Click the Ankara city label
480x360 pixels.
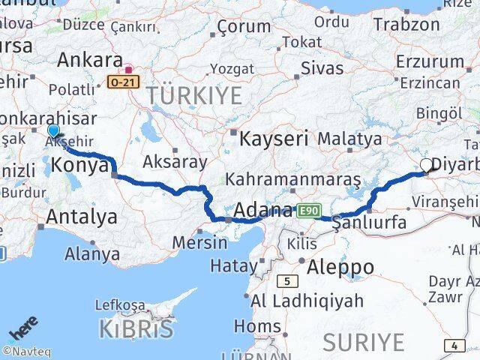[x=89, y=60]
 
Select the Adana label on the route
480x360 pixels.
[x=262, y=210]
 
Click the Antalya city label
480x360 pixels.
[x=82, y=217]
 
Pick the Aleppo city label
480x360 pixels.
[x=336, y=266]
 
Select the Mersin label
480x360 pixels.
[x=199, y=242]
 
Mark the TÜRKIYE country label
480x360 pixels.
[x=194, y=95]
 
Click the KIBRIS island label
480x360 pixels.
[x=136, y=328]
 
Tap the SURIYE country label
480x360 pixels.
[x=363, y=342]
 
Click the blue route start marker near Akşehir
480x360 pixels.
[x=53, y=132]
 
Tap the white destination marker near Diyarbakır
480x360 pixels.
[x=427, y=165]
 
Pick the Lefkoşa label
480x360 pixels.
[x=119, y=305]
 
